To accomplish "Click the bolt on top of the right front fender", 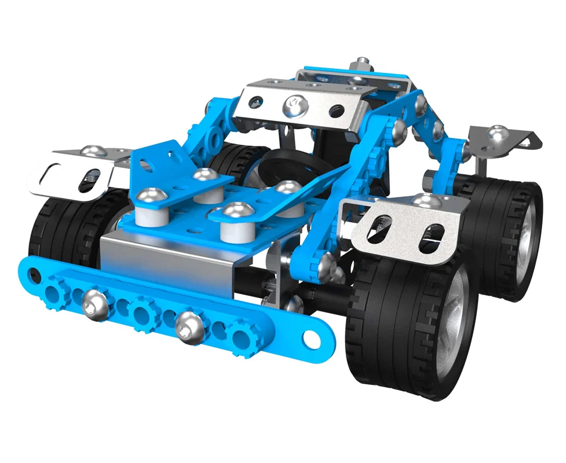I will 427,201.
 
